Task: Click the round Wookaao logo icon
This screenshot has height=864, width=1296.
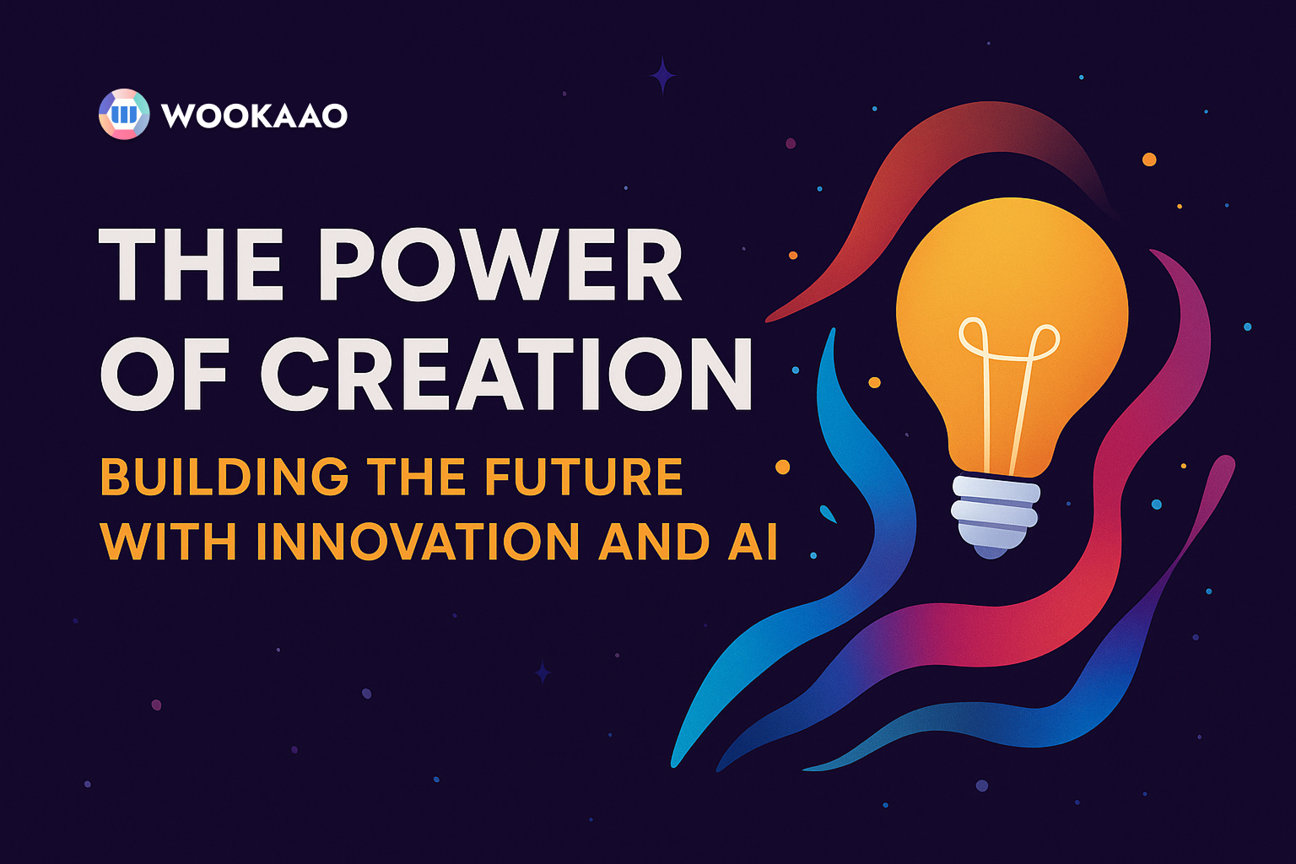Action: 124,114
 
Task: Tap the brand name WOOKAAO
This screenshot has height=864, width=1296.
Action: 254,116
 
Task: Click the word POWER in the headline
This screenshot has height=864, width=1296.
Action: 499,266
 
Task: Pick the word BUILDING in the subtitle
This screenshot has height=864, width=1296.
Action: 224,477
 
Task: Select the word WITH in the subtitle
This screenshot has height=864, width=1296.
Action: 169,542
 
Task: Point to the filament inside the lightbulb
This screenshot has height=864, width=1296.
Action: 1008,380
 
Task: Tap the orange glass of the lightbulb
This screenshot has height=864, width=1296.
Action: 1012,270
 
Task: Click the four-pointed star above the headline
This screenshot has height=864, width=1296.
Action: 662,75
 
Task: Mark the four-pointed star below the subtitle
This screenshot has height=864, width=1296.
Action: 543,672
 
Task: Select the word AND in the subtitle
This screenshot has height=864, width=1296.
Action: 654,542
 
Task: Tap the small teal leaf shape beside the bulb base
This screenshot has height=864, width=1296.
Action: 829,514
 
